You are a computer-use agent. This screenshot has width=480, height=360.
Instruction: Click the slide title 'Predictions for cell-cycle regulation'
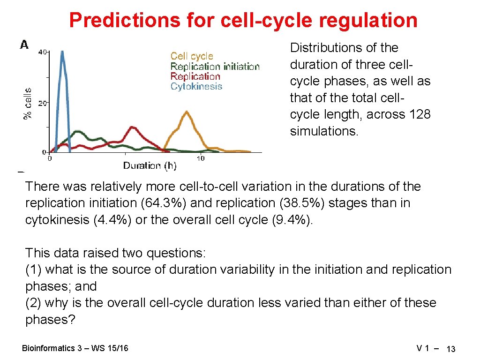pyautogui.click(x=243, y=20)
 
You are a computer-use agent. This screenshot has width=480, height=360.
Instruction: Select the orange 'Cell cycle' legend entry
pyautogui.click(x=192, y=56)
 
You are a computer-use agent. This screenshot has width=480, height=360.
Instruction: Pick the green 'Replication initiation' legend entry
pyautogui.click(x=215, y=67)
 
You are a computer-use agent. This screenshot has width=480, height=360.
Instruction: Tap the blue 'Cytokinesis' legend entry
pyautogui.click(x=196, y=86)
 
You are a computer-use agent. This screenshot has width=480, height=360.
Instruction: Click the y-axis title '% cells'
pyautogui.click(x=28, y=103)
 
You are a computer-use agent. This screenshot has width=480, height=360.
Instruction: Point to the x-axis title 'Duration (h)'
pyautogui.click(x=150, y=165)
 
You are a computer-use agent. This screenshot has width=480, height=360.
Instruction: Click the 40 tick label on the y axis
pyautogui.click(x=42, y=52)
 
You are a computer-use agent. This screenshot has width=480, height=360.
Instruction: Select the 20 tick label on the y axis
pyautogui.click(x=42, y=103)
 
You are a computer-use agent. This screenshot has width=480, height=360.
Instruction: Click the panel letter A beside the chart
pyautogui.click(x=24, y=45)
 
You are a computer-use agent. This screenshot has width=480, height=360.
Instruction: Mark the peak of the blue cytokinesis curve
pyautogui.click(x=61, y=52)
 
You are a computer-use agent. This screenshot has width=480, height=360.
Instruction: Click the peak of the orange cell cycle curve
pyautogui.click(x=187, y=112)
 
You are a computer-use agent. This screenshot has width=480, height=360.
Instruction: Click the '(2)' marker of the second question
pyautogui.click(x=33, y=303)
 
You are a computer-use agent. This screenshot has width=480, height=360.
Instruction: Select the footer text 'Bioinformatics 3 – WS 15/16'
pyautogui.click(x=75, y=348)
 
